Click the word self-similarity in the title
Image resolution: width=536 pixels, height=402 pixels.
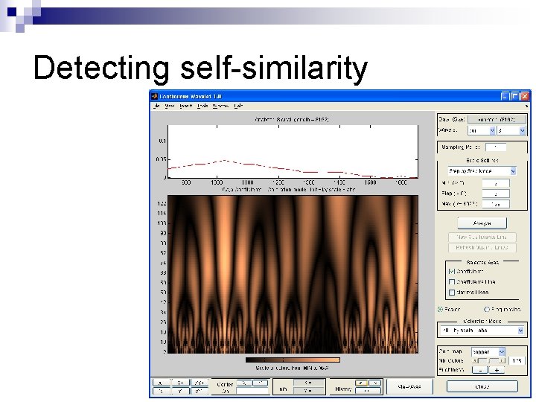coord(274,68)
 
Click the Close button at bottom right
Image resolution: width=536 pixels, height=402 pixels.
coord(482,386)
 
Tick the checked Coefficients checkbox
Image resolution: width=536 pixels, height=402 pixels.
coord(451,272)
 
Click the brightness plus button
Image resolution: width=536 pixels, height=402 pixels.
coord(497,369)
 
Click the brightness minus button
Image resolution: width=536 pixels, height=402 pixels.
coord(481,369)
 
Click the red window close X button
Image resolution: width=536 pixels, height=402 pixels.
coord(526,96)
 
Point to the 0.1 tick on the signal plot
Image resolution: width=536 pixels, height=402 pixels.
coord(162,140)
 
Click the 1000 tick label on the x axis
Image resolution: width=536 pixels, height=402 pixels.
coord(217,182)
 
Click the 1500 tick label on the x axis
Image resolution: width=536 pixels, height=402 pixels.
coord(369,182)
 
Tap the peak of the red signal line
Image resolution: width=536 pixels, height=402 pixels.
coord(221,160)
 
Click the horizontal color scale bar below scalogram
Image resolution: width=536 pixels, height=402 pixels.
coord(292,360)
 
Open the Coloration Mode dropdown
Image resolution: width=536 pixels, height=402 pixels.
coord(482,330)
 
